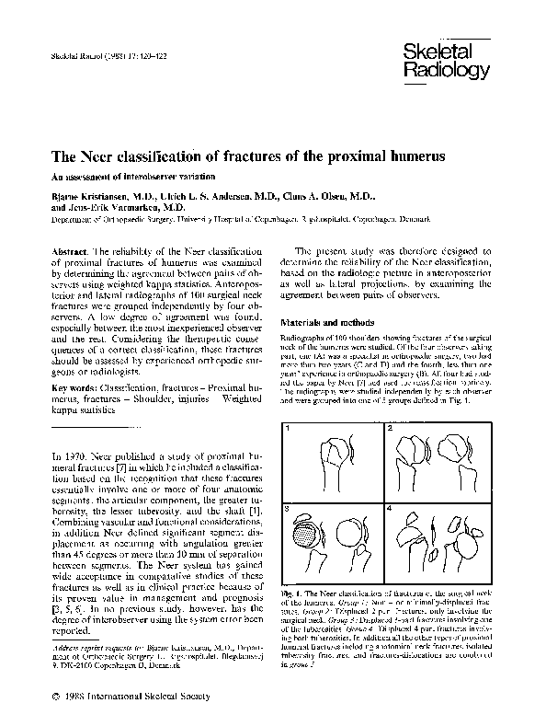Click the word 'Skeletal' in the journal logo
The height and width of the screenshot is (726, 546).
click(433, 53)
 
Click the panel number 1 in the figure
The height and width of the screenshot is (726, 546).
click(288, 404)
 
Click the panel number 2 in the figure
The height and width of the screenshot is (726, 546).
click(390, 404)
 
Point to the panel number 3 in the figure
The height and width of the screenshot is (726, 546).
click(288, 507)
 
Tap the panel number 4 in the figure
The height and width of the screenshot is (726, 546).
click(390, 507)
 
